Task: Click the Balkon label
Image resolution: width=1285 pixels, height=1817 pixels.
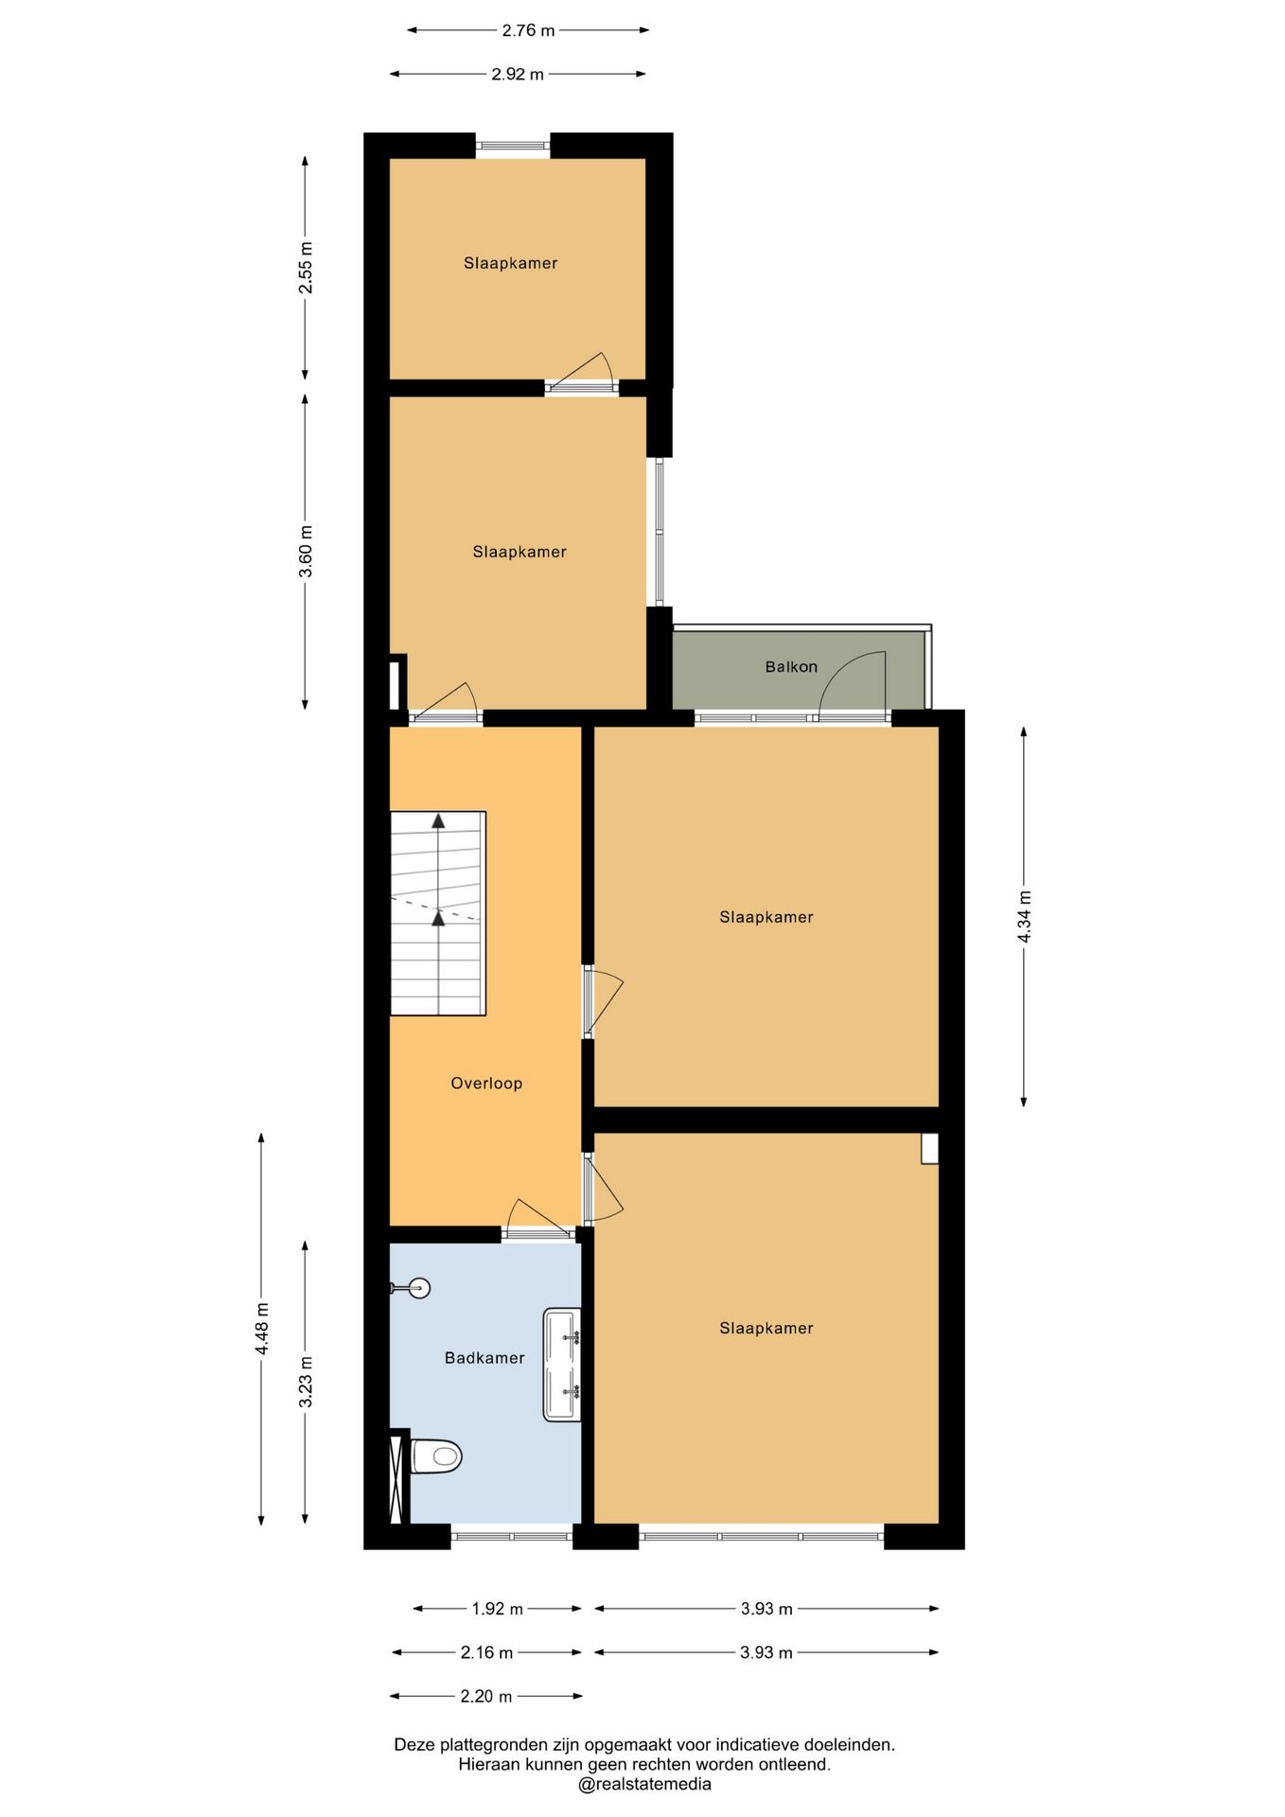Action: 791,666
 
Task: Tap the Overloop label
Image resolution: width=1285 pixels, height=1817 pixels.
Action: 486,1083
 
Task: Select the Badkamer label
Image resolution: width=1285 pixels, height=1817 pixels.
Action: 484,1357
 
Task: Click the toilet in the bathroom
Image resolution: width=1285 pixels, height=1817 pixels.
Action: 435,1455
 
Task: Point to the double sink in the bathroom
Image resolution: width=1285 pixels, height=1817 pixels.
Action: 562,1365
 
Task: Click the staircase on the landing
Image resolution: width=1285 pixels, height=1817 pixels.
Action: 438,913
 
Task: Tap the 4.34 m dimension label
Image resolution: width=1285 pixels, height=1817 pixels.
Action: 1024,916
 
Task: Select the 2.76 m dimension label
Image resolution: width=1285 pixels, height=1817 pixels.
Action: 528,30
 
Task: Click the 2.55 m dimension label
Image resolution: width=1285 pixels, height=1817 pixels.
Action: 306,268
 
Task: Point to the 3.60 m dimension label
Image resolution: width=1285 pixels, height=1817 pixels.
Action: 306,551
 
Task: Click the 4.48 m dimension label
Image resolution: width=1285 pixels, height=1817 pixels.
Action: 262,1329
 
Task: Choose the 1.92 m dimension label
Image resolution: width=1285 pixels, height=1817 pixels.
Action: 498,1609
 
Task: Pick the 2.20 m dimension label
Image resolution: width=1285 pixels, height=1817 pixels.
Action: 486,1697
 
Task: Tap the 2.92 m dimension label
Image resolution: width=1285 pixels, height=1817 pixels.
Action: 518,74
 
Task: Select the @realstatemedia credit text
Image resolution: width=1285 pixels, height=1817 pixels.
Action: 644,1785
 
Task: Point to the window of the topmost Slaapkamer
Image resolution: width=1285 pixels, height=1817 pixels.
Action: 512,146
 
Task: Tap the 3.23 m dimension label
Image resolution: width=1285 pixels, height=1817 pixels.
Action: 306,1382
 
